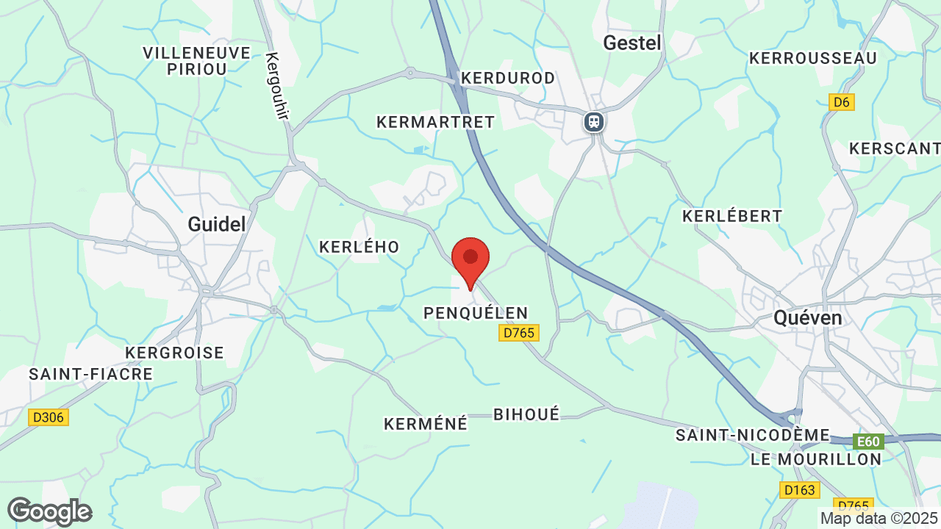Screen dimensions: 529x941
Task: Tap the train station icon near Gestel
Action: coord(594,121)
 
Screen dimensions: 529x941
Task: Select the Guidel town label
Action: coord(217,224)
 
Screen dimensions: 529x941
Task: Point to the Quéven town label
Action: coord(807,317)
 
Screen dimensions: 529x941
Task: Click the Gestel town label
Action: coord(632,43)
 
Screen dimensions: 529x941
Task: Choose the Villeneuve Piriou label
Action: coord(196,60)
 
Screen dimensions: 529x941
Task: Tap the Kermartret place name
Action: coord(435,122)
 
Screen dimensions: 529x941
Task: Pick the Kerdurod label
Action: coord(507,78)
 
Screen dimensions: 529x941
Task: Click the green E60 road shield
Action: coord(868,442)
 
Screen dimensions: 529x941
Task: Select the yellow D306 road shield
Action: coord(49,417)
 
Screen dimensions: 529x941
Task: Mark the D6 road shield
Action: coord(841,102)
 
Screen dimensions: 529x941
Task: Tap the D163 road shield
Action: coord(799,490)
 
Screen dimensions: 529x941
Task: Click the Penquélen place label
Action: coord(476,314)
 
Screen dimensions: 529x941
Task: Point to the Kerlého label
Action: coord(359,248)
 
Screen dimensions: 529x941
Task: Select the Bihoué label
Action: coord(526,414)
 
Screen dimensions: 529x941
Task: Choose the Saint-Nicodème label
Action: coord(752,436)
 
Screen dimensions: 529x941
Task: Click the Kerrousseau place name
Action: coord(812,58)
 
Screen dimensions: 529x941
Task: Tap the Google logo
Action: coord(49,511)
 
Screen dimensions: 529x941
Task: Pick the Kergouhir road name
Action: coord(278,86)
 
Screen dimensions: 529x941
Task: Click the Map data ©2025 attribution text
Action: coord(878,519)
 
